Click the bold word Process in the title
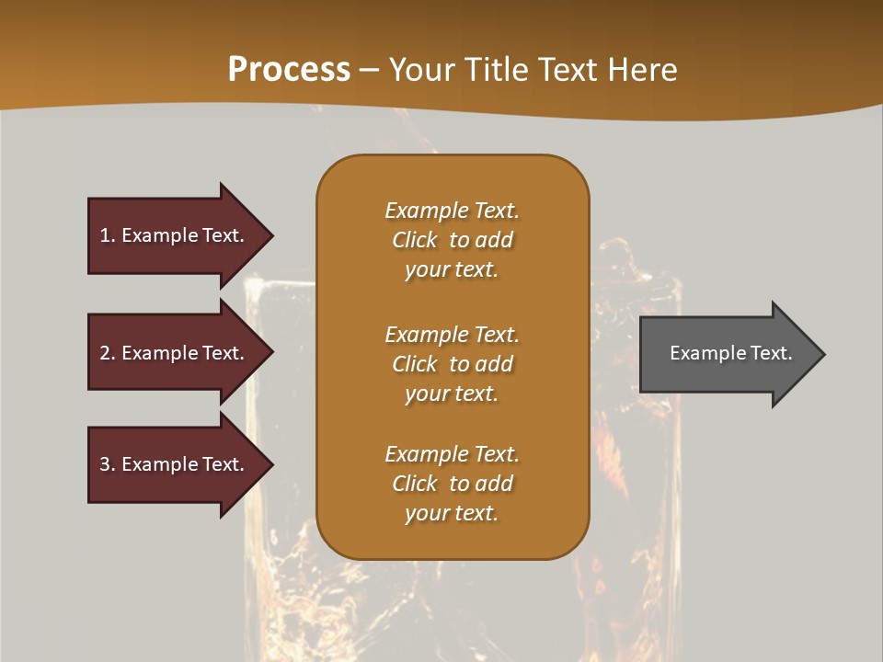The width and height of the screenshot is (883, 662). tap(289, 70)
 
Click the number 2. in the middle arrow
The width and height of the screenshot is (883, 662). tap(108, 353)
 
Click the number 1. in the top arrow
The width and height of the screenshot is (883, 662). tap(108, 235)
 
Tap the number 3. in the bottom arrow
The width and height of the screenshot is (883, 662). tap(108, 464)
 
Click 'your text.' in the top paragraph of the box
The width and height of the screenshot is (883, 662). tap(452, 270)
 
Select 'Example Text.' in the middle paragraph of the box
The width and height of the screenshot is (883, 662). tap(452, 335)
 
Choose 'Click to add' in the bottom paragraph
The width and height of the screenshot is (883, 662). tap(452, 484)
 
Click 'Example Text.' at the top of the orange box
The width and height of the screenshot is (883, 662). tap(452, 211)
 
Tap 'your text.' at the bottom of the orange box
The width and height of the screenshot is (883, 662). tap(452, 514)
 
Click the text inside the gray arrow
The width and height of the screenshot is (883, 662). tap(730, 353)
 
